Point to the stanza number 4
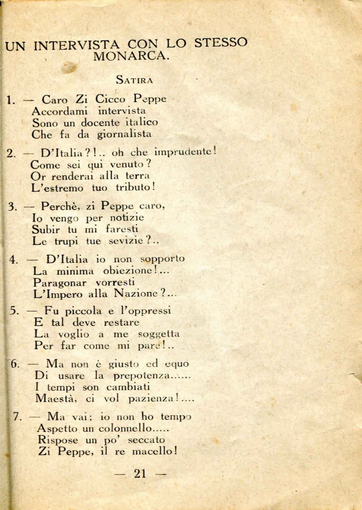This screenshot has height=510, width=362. [13, 260]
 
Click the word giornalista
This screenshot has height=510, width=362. [124, 134]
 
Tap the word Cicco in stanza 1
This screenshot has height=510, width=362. [110, 99]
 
